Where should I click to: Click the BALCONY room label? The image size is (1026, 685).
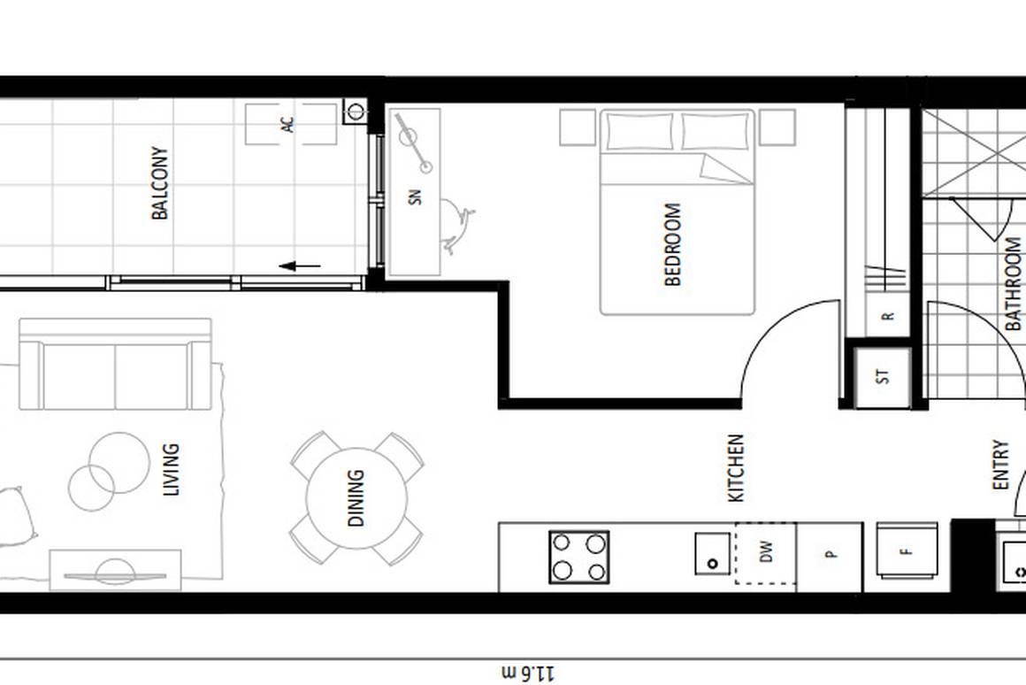click(x=160, y=183)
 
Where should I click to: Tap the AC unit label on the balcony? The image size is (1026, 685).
click(x=288, y=125)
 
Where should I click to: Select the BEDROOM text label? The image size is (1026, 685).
click(x=673, y=245)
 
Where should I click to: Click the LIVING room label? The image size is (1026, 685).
click(x=171, y=469)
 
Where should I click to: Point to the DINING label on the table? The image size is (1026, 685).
click(x=356, y=498)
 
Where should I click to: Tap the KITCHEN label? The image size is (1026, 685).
click(x=736, y=468)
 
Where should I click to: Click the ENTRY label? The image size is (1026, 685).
click(x=1000, y=465)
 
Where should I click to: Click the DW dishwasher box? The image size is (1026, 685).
click(x=766, y=554)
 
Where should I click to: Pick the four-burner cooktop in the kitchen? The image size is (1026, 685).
click(x=579, y=557)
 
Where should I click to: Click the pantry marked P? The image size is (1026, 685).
click(x=830, y=555)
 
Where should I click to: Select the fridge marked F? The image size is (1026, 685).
click(x=906, y=550)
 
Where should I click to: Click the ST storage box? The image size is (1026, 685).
click(x=883, y=376)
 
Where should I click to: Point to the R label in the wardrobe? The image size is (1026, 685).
click(x=887, y=316)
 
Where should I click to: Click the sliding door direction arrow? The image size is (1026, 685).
click(x=301, y=266)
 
